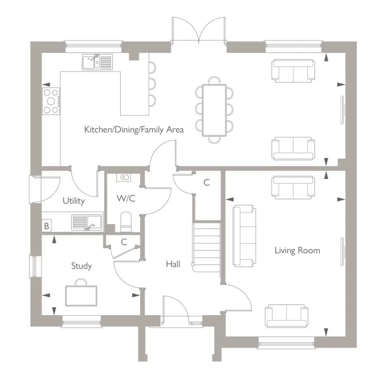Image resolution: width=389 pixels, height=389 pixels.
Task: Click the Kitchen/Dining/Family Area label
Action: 134,129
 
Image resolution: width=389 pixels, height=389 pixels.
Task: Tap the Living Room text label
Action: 297,250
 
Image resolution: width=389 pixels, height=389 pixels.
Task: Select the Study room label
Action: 81,266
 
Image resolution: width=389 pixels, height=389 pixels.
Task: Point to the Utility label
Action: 73,201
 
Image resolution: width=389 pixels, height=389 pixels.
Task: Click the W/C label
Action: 126,198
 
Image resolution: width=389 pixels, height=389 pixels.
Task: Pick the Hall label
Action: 173,264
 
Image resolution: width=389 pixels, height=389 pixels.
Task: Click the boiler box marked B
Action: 47,226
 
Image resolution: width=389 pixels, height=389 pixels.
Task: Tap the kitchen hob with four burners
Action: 51,101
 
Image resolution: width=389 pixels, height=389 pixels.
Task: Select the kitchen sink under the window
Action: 96,62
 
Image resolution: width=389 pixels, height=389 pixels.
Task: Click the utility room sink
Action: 87,222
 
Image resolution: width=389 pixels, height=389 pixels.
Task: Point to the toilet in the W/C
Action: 126,221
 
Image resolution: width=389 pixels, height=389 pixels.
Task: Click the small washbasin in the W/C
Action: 125,177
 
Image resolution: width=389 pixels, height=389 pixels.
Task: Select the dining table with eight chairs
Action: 214,109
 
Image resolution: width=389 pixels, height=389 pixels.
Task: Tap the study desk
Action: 81,295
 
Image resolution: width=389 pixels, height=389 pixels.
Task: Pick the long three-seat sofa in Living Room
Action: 244,236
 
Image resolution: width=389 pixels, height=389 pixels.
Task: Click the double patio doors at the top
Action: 199,31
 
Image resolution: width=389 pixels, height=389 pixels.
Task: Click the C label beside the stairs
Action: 207,182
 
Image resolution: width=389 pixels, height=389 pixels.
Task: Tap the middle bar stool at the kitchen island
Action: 152,83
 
